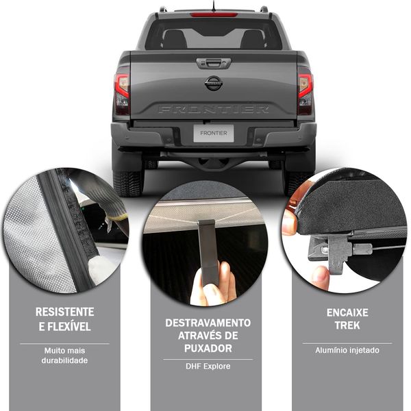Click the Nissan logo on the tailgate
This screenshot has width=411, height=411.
[x=213, y=83]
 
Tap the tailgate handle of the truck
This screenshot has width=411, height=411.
[x=214, y=63]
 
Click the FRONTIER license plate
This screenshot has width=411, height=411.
[x=214, y=134]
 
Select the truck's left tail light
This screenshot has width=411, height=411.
[x=122, y=90]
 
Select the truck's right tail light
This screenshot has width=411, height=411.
[x=305, y=90]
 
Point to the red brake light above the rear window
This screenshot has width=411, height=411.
[x=214, y=14]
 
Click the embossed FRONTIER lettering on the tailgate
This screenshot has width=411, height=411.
[x=213, y=109]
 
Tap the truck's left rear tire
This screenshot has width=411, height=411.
[x=128, y=184]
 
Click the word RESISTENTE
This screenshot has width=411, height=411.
[x=65, y=312]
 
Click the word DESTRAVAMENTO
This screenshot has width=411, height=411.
[x=208, y=323]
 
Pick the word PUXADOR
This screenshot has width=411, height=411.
[x=208, y=349]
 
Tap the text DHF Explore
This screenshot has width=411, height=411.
[x=208, y=366]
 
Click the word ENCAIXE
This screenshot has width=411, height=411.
[x=347, y=313]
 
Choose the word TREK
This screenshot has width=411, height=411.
[x=347, y=325]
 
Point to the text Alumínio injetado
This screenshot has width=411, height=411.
[x=347, y=350]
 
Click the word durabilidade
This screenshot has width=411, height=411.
[x=64, y=360]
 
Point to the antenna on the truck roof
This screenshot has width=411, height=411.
[x=213, y=5]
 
